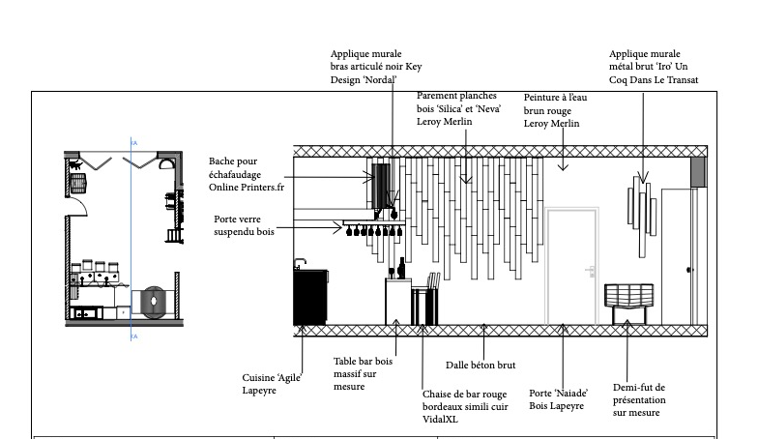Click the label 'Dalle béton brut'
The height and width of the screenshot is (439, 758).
pyautogui.click(x=481, y=366)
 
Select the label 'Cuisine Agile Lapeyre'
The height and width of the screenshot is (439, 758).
pyautogui.click(x=272, y=384)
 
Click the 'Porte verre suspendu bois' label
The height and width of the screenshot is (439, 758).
pyautogui.click(x=244, y=225)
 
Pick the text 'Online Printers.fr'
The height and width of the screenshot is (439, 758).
pyautogui.click(x=247, y=188)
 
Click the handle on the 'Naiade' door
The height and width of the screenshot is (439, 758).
pyautogui.click(x=590, y=271)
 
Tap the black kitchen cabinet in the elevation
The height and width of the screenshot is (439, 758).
pyautogui.click(x=310, y=297)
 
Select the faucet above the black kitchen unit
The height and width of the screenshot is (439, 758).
pyautogui.click(x=300, y=263)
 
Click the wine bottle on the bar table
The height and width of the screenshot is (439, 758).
pyautogui.click(x=401, y=269)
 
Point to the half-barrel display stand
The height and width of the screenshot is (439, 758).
pyautogui.click(x=628, y=304)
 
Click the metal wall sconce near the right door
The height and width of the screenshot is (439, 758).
pyautogui.click(x=642, y=217)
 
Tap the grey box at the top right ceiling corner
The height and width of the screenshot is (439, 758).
pyautogui.click(x=698, y=172)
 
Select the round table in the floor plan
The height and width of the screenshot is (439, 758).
pyautogui.click(x=153, y=302)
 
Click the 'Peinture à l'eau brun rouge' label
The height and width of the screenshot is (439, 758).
pyautogui.click(x=555, y=110)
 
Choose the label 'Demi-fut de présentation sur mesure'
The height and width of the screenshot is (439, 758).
pyautogui.click(x=639, y=400)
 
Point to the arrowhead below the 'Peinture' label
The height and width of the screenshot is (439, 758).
pyautogui.click(x=563, y=167)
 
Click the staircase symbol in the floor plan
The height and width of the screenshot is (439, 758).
pyautogui.click(x=174, y=236)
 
